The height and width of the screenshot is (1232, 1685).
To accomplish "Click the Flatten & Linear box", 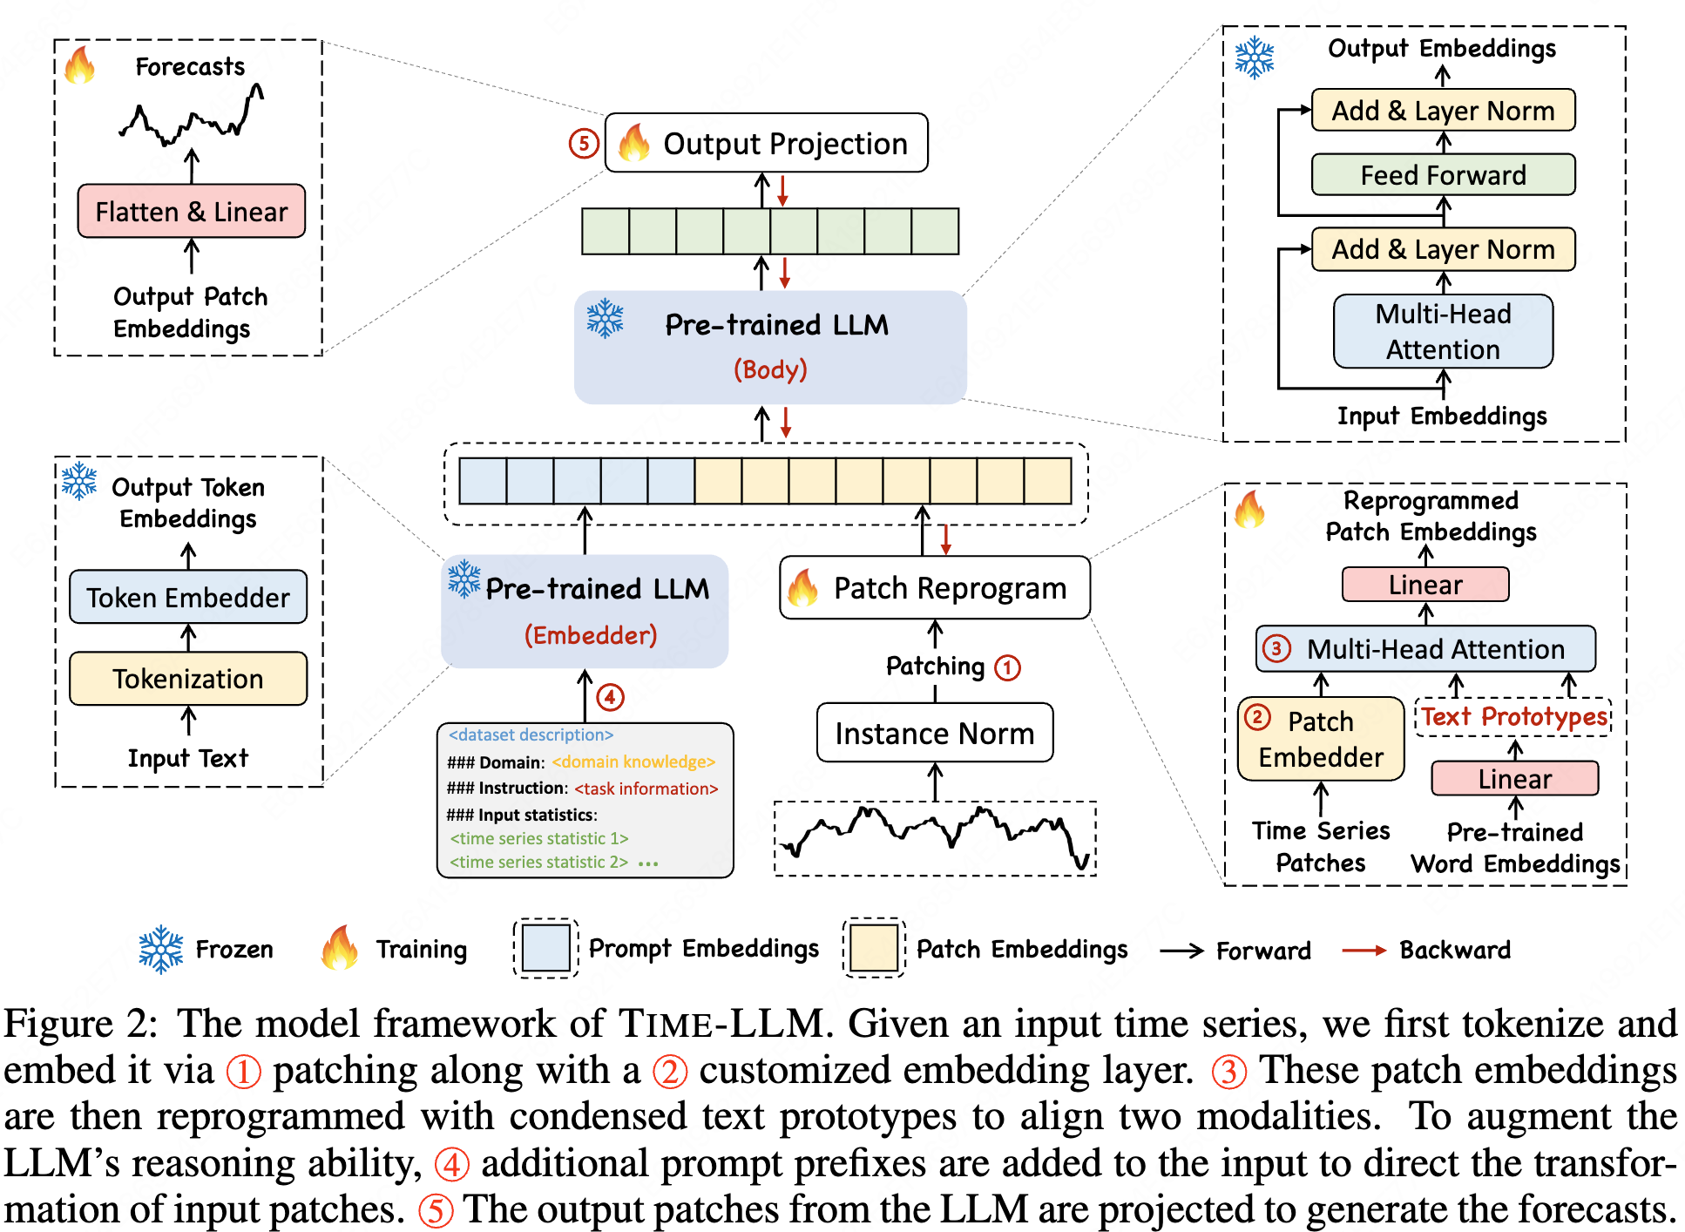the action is point(192,211).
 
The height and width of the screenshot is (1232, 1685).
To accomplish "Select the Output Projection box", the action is point(767,143).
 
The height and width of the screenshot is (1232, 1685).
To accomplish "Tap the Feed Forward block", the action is point(1443,175).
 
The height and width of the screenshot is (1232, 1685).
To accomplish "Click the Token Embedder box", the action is point(188,597).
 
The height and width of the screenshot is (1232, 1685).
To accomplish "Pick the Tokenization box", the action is point(188,678).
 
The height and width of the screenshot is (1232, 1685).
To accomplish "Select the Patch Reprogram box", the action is point(935,588).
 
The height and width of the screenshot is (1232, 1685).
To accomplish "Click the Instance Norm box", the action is point(935,733).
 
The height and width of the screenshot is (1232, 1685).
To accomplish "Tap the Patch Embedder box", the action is point(1321,739).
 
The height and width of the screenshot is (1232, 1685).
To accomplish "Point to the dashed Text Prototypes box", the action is point(1514,717).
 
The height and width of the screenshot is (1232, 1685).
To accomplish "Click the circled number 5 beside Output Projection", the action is point(584,143).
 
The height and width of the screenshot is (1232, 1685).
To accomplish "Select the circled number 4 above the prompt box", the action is point(610,697).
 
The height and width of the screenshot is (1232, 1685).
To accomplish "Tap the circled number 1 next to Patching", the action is point(1008,667).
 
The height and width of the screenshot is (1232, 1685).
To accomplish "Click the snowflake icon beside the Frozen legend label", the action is point(161,949).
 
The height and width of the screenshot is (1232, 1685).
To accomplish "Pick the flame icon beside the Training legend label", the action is point(340,948).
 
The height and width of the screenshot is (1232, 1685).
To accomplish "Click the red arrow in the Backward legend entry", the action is point(1364,950).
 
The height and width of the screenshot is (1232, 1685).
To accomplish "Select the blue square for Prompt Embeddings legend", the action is point(546,948).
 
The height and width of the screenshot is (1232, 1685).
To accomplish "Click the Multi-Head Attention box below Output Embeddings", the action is point(1443,331).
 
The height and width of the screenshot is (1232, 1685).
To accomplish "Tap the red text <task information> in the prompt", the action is point(646,789).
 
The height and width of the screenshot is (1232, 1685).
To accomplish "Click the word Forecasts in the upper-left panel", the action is point(190,67).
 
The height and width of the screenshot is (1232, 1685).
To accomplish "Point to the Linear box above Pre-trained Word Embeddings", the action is point(1515,778).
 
